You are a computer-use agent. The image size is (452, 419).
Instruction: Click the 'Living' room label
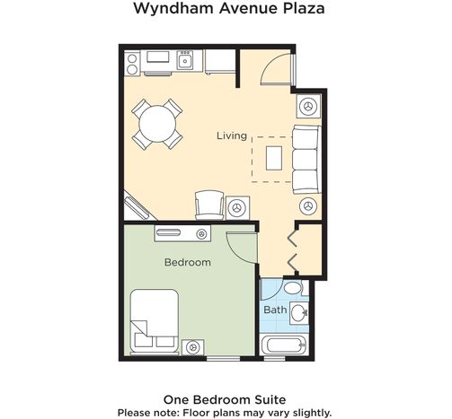[232, 135]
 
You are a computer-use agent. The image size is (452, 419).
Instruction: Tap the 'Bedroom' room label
[188, 262]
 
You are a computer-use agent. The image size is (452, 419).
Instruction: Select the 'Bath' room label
[275, 310]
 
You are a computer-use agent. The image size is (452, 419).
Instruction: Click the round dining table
[157, 124]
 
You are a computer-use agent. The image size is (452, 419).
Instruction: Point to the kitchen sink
[185, 60]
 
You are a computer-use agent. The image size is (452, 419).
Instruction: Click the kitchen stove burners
[132, 64]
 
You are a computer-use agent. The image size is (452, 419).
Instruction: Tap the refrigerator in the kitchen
[220, 61]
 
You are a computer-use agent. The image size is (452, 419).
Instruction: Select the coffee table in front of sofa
[274, 158]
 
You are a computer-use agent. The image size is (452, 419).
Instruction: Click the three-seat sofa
[306, 160]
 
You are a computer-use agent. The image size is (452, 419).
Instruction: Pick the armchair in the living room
[209, 205]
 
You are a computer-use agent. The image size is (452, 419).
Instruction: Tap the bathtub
[283, 345]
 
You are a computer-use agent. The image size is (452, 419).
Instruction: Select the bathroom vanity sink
[298, 313]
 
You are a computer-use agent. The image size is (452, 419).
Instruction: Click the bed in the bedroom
[155, 321]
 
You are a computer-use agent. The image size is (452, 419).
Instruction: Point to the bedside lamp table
[192, 347]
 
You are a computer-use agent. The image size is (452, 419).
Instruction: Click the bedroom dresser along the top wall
[182, 233]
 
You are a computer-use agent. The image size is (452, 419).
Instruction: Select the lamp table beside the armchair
[237, 207]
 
